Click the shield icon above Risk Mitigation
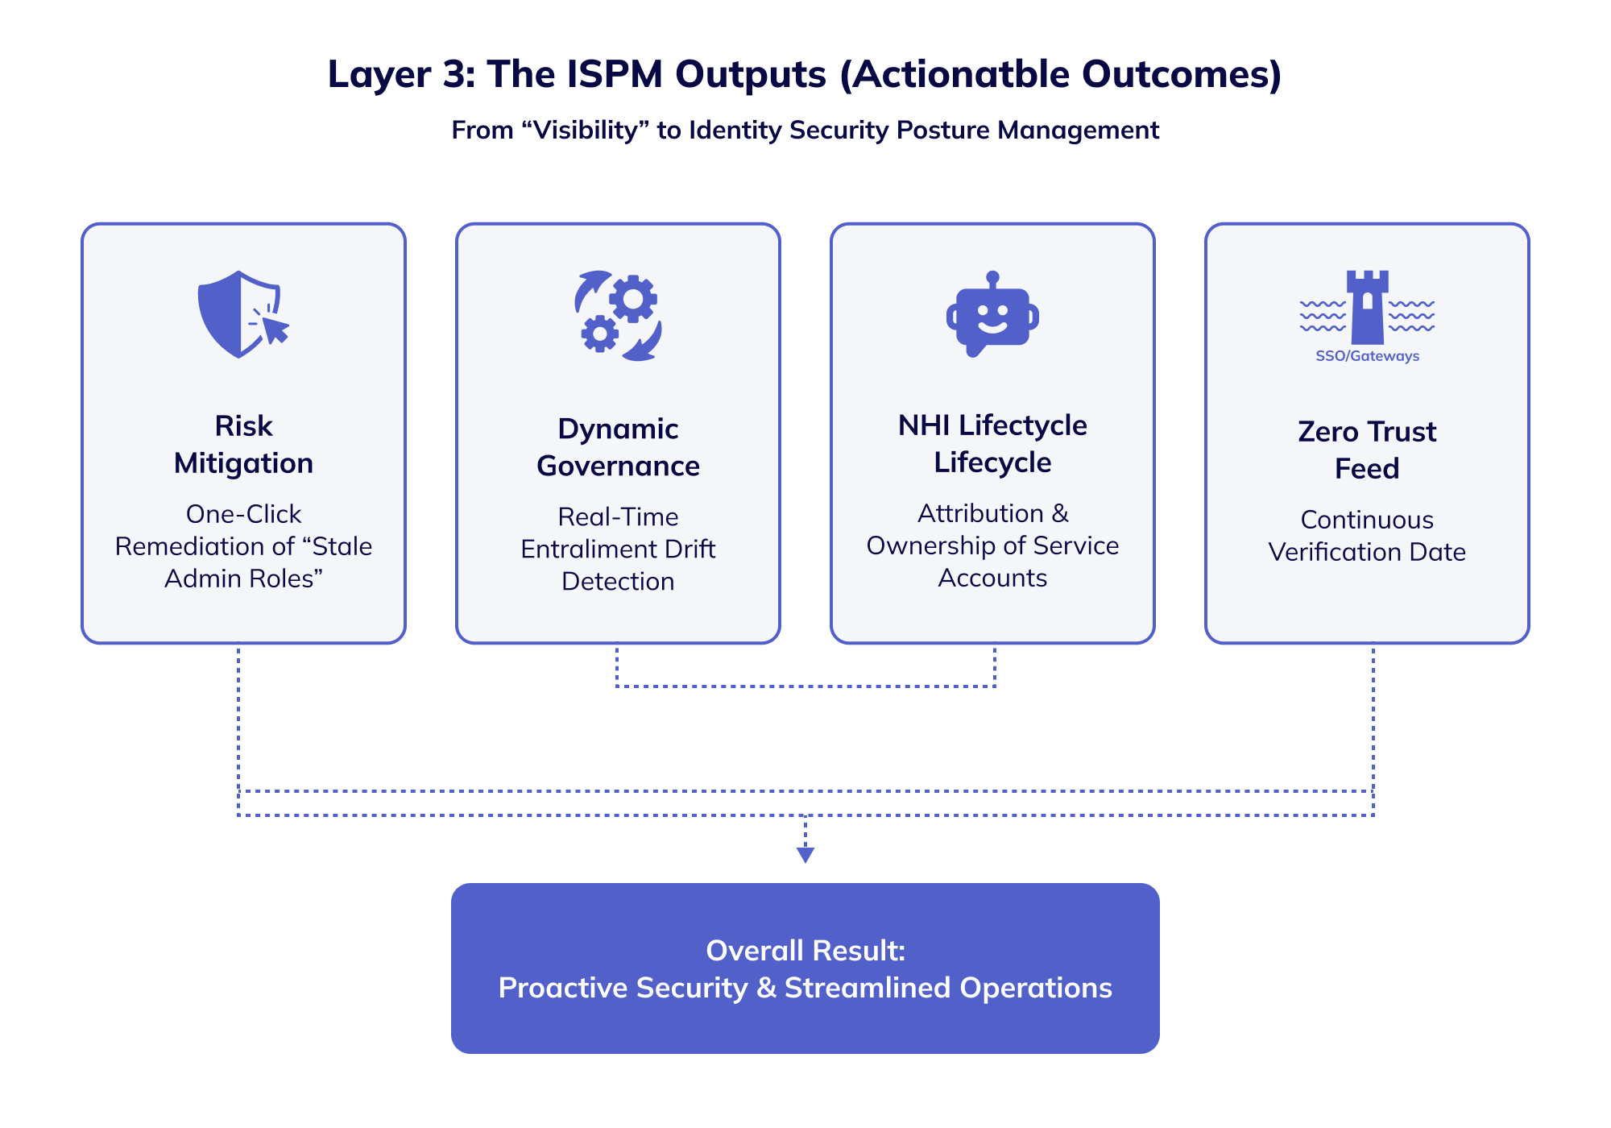point(234,314)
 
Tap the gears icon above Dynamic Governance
point(618,316)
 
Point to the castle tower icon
point(1367,308)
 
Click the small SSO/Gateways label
point(1367,356)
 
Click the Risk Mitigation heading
point(243,444)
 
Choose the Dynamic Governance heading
point(618,447)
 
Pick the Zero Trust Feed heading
point(1367,450)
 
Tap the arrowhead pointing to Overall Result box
point(805,855)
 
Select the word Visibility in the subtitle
point(586,130)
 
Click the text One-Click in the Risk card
point(243,514)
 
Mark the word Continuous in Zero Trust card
point(1367,520)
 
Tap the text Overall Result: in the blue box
point(805,951)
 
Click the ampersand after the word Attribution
point(1060,513)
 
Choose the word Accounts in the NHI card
point(992,578)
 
